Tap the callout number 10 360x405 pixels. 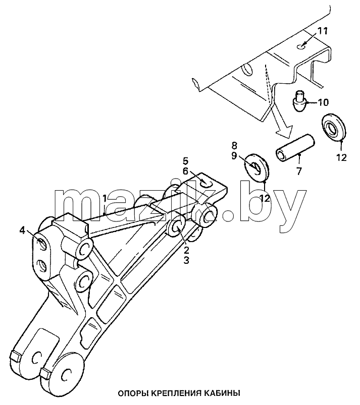click(x=323, y=102)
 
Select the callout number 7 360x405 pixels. click(x=299, y=171)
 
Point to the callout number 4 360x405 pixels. click(x=23, y=230)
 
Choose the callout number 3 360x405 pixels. click(x=186, y=260)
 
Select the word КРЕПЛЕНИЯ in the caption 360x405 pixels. click(x=176, y=393)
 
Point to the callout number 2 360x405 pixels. click(x=186, y=250)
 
